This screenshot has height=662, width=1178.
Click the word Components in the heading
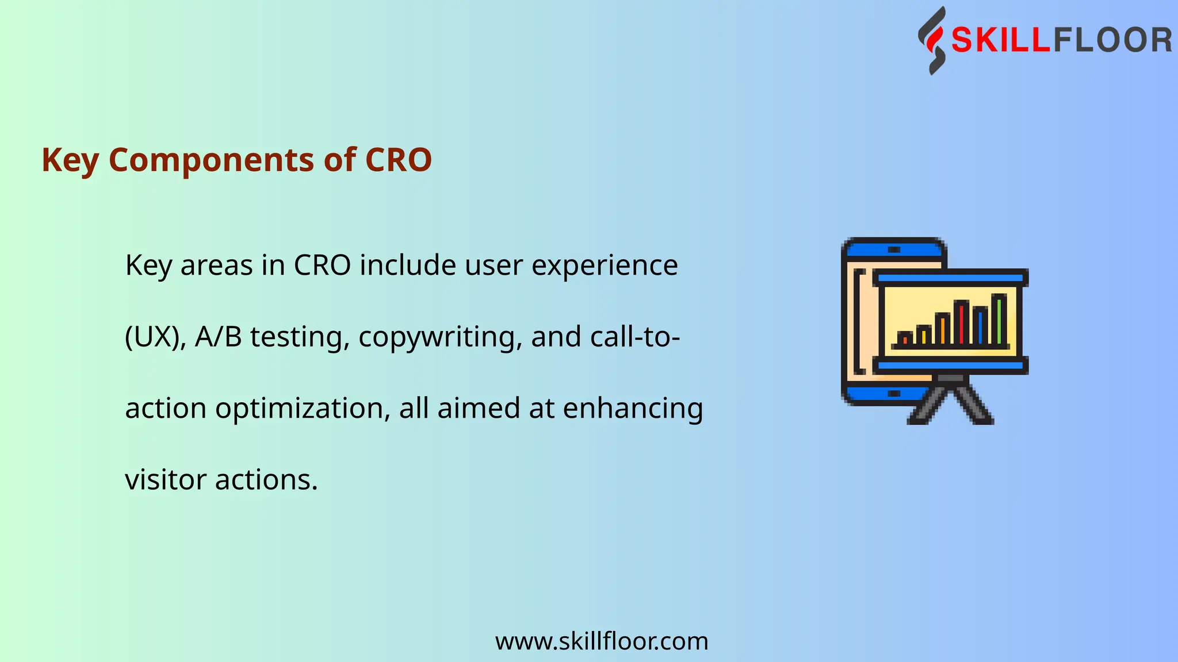[211, 160]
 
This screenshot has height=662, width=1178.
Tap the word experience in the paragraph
[605, 265]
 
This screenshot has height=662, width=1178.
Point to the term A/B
[218, 337]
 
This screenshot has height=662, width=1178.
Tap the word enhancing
[633, 409]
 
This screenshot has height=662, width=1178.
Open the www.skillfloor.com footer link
[602, 641]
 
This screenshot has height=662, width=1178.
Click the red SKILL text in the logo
[1001, 41]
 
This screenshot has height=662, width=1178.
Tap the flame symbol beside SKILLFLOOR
[932, 41]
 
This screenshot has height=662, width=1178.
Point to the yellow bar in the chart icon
[923, 335]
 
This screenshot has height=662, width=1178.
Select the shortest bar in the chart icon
[905, 338]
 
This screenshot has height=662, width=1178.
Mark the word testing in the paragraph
[300, 338]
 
